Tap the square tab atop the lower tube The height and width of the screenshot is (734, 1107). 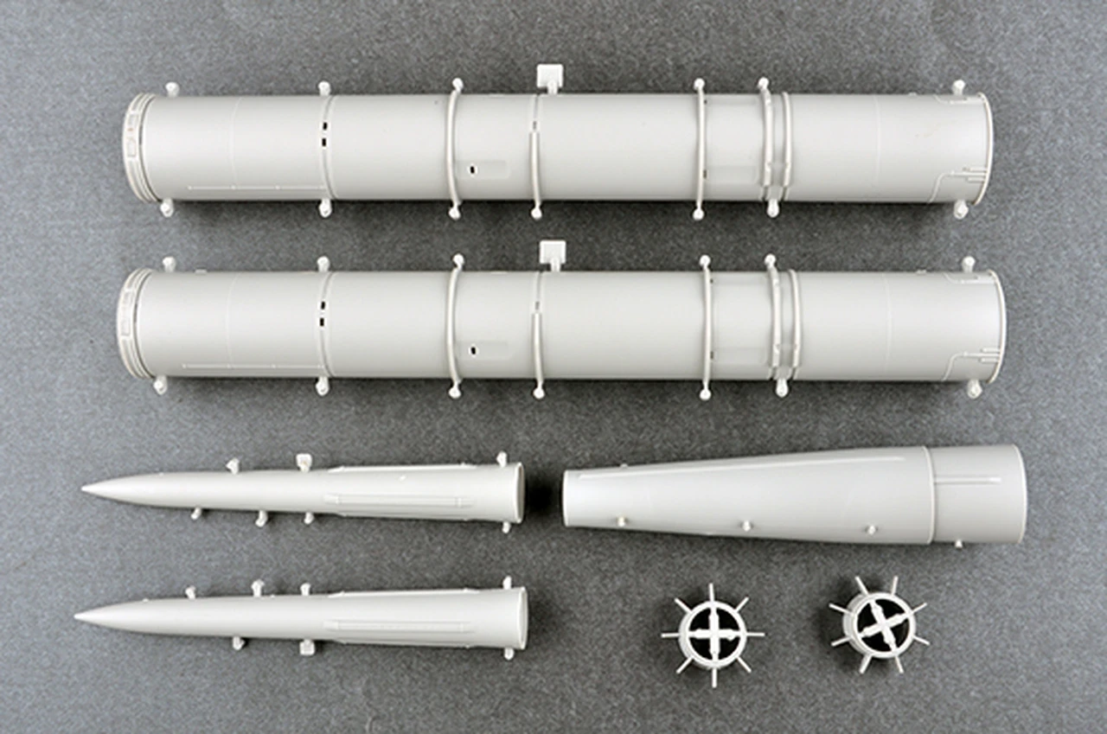tap(551, 252)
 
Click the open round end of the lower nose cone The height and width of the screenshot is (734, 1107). tap(521, 618)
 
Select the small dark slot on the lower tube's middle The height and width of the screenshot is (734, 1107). tap(473, 351)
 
